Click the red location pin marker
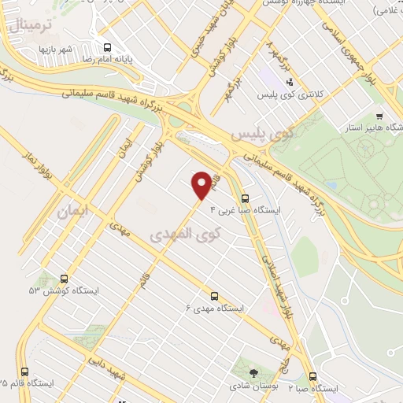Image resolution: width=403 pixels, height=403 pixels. tap(202, 185)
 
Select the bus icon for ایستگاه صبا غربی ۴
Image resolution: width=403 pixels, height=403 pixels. tap(245, 198)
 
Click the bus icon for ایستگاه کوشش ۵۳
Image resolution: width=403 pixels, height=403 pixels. tap(64, 279)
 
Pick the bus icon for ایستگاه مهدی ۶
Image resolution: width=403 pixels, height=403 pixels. tap(215, 296)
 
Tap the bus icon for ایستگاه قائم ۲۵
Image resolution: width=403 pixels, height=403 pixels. tap(24, 372)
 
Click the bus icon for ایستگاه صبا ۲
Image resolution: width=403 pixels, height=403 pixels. tap(313, 377)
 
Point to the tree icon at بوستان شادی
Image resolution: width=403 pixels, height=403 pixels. tap(253, 373)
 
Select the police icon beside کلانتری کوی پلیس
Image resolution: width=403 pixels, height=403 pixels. tap(290, 81)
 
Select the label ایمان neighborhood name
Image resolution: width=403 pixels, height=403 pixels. tap(73, 212)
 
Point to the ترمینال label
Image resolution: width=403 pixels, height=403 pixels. tap(30, 26)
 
